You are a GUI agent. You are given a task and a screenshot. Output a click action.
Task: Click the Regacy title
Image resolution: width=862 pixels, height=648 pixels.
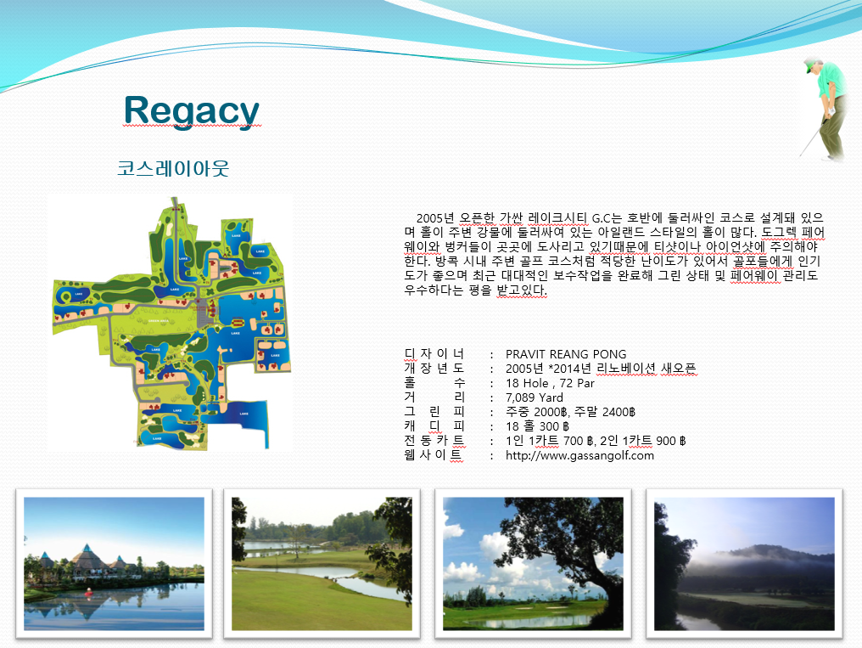tap(191, 110)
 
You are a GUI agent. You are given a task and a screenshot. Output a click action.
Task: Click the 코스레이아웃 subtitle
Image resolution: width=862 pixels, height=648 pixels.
tap(173, 168)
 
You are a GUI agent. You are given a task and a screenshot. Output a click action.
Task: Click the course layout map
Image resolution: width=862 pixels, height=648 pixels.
tap(171, 323)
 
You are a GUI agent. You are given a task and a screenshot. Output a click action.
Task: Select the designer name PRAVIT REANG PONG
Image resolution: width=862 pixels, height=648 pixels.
tap(566, 354)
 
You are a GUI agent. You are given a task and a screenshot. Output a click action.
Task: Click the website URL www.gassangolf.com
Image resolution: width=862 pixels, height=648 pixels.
tap(579, 455)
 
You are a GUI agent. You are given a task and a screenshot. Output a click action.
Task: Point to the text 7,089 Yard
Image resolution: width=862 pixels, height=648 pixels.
tap(535, 397)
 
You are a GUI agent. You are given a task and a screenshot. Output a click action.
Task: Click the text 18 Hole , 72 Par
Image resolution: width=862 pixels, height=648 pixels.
tap(550, 383)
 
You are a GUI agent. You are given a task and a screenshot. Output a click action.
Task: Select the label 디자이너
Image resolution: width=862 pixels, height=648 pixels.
tap(434, 353)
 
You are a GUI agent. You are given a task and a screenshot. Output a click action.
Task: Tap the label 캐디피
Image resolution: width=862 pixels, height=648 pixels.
tap(434, 425)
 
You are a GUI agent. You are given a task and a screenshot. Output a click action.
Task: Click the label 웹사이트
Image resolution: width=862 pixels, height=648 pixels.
tap(434, 455)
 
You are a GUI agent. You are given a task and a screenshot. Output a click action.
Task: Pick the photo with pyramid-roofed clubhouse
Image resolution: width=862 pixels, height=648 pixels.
tap(114, 564)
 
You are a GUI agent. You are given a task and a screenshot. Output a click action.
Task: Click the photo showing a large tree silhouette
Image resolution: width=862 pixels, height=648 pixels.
tap(534, 564)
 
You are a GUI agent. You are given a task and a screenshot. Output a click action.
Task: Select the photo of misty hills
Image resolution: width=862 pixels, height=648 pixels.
tap(744, 564)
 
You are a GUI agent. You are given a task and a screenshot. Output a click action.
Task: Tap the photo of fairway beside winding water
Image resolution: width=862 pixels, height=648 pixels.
tap(322, 564)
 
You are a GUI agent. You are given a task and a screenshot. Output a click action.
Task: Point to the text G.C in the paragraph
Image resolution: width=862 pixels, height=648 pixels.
tap(602, 218)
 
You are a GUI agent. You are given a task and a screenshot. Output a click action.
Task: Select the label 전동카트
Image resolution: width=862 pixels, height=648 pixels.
tap(434, 441)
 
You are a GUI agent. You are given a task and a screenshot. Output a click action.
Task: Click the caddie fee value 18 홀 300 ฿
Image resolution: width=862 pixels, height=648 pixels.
tap(538, 426)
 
